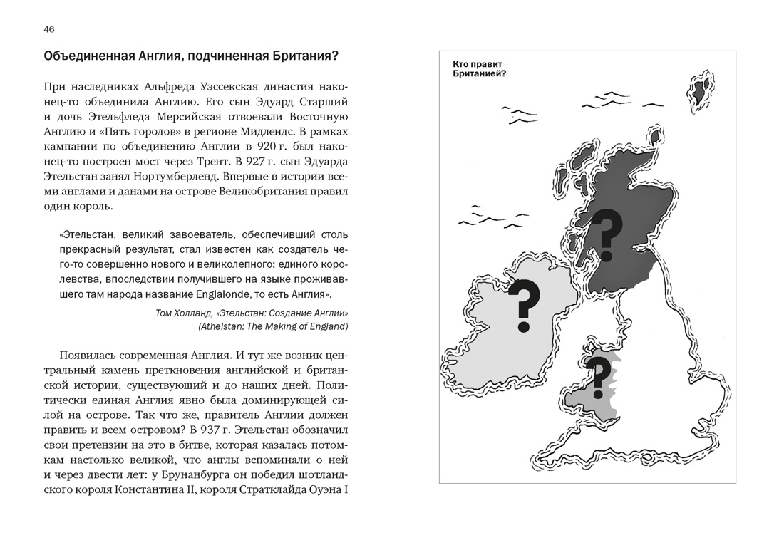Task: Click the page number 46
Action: [x=48, y=29]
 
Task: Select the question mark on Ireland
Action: [x=523, y=306]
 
